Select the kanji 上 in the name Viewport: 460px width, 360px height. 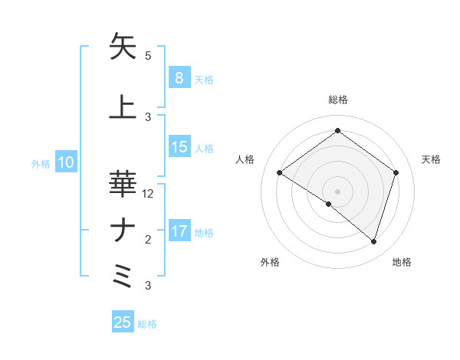[x=123, y=106]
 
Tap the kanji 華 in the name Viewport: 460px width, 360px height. [x=123, y=184]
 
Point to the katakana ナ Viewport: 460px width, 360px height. [x=123, y=231]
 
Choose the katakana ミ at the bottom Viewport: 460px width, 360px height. [x=123, y=276]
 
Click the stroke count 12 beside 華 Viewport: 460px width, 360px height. [x=149, y=194]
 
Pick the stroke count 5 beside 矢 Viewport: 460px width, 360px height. [x=148, y=56]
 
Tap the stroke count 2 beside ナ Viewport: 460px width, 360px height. [x=148, y=240]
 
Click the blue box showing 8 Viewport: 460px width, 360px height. [x=179, y=77]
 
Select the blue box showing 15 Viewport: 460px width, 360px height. [x=179, y=147]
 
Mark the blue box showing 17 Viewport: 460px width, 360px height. [x=179, y=231]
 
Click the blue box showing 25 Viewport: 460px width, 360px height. [x=123, y=322]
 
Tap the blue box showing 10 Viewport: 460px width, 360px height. [x=65, y=162]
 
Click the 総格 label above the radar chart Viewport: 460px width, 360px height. [x=337, y=100]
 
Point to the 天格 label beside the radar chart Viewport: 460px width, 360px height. [x=432, y=159]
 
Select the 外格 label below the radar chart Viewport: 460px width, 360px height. [x=270, y=263]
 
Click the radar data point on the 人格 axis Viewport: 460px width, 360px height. [x=280, y=173]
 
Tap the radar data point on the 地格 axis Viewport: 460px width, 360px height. [x=373, y=241]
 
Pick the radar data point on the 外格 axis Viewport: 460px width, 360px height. [x=329, y=205]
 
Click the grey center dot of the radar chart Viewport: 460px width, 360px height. [x=337, y=191]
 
